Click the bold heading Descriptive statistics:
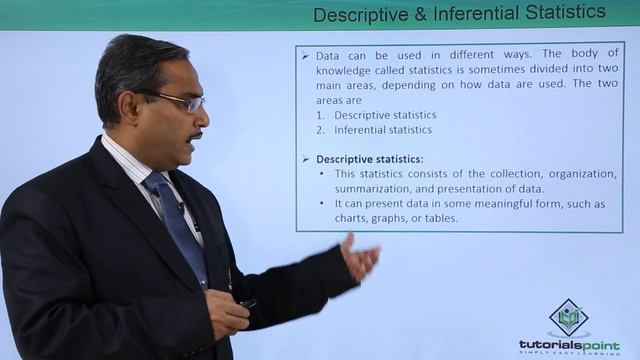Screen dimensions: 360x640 coord(369,159)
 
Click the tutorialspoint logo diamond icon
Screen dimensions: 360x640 coord(568,317)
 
